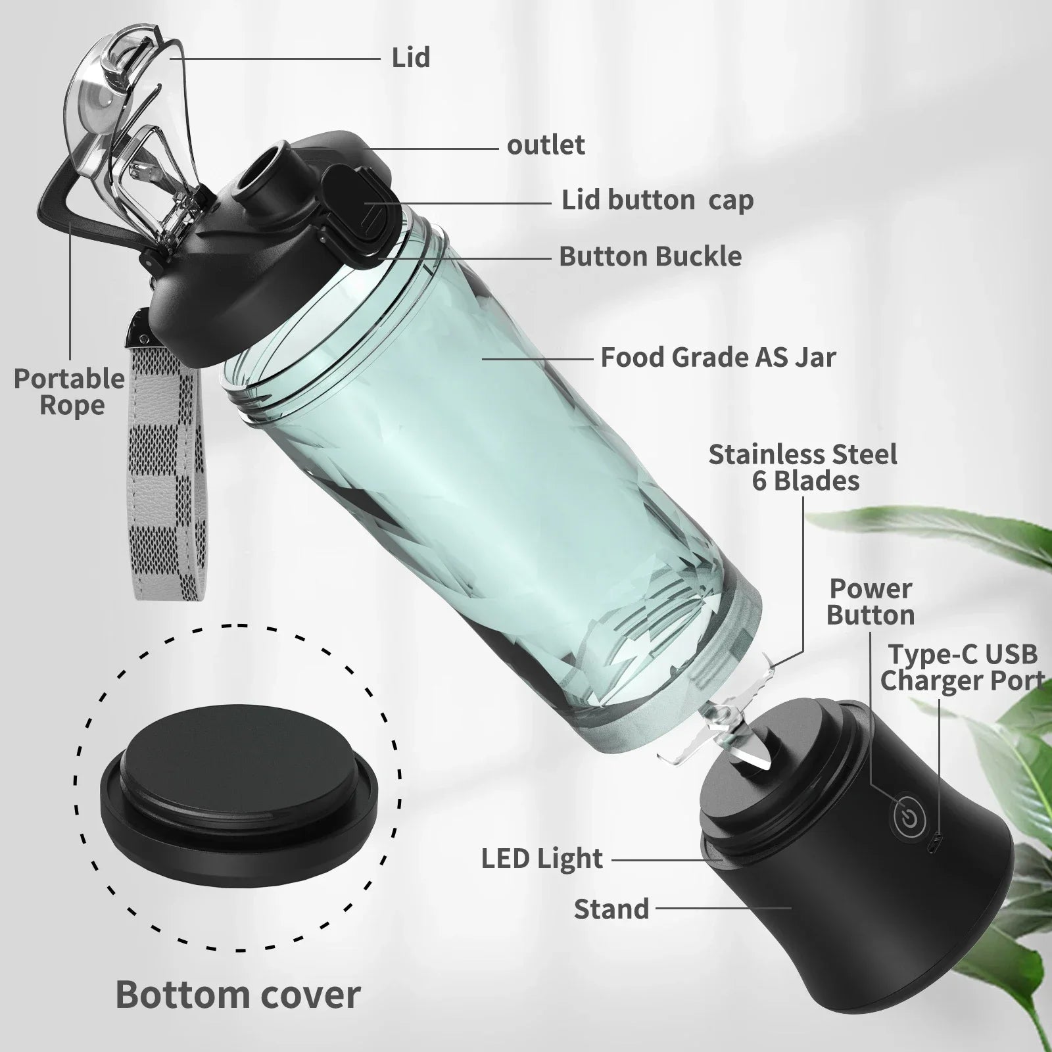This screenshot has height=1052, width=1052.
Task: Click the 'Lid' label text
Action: tap(411, 58)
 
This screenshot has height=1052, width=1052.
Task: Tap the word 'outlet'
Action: tap(546, 145)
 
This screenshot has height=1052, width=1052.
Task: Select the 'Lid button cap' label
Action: tap(657, 201)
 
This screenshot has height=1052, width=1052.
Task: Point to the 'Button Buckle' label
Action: tap(650, 256)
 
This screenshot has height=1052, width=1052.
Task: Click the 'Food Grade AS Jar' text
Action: tap(718, 358)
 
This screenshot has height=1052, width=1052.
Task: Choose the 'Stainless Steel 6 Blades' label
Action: tap(803, 468)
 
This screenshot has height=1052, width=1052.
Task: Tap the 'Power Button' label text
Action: tap(870, 602)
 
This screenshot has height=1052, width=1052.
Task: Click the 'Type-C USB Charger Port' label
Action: tap(963, 668)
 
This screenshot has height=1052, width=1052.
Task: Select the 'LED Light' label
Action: tap(542, 859)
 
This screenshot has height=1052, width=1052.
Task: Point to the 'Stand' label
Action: tap(611, 909)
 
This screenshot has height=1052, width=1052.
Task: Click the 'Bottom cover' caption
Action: tap(238, 995)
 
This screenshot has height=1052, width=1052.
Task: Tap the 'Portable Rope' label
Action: tap(70, 393)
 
